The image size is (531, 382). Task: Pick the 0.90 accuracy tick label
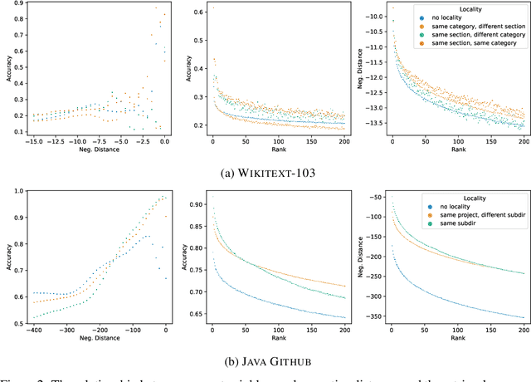point(197,203)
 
